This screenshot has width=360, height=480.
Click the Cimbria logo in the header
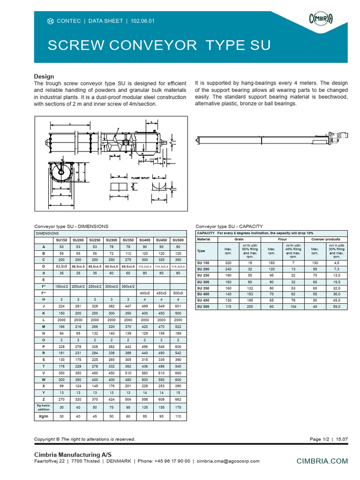point(320,19)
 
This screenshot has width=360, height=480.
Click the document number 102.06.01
point(142,21)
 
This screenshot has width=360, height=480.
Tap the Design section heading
point(44,76)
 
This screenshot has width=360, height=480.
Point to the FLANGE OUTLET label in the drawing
point(140,178)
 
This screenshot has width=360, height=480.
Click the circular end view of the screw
point(61,172)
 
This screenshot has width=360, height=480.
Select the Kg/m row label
point(44,416)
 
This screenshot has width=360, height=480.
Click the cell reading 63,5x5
point(61,266)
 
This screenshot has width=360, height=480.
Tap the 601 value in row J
point(178,305)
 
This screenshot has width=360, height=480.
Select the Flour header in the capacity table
point(282,240)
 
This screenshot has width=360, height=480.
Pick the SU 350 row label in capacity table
point(203,287)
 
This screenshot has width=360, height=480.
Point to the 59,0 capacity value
point(337,306)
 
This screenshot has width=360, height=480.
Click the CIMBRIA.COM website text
point(323,461)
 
